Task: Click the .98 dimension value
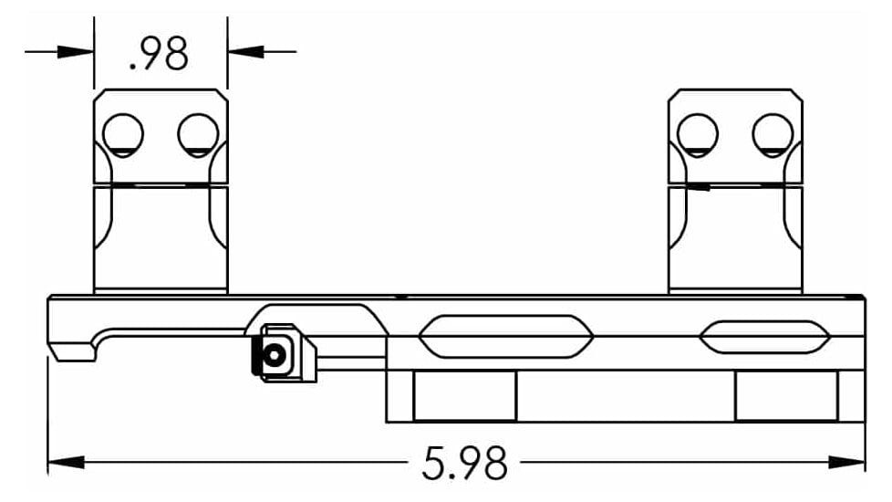[x=160, y=56]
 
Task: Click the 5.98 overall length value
[x=464, y=464]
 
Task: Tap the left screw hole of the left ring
[x=123, y=134]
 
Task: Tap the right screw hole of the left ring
[x=198, y=134]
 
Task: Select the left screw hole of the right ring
[x=698, y=134]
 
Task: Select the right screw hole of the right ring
[x=773, y=134]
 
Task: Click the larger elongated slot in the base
[x=506, y=337]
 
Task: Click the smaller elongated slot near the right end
[x=764, y=337]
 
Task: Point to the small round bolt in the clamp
[x=273, y=353]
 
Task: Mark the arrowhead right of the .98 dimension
[x=245, y=51]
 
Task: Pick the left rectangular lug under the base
[x=464, y=395]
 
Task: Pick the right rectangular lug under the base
[x=786, y=395]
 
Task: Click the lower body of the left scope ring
[x=161, y=237]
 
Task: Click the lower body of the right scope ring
[x=735, y=237]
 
